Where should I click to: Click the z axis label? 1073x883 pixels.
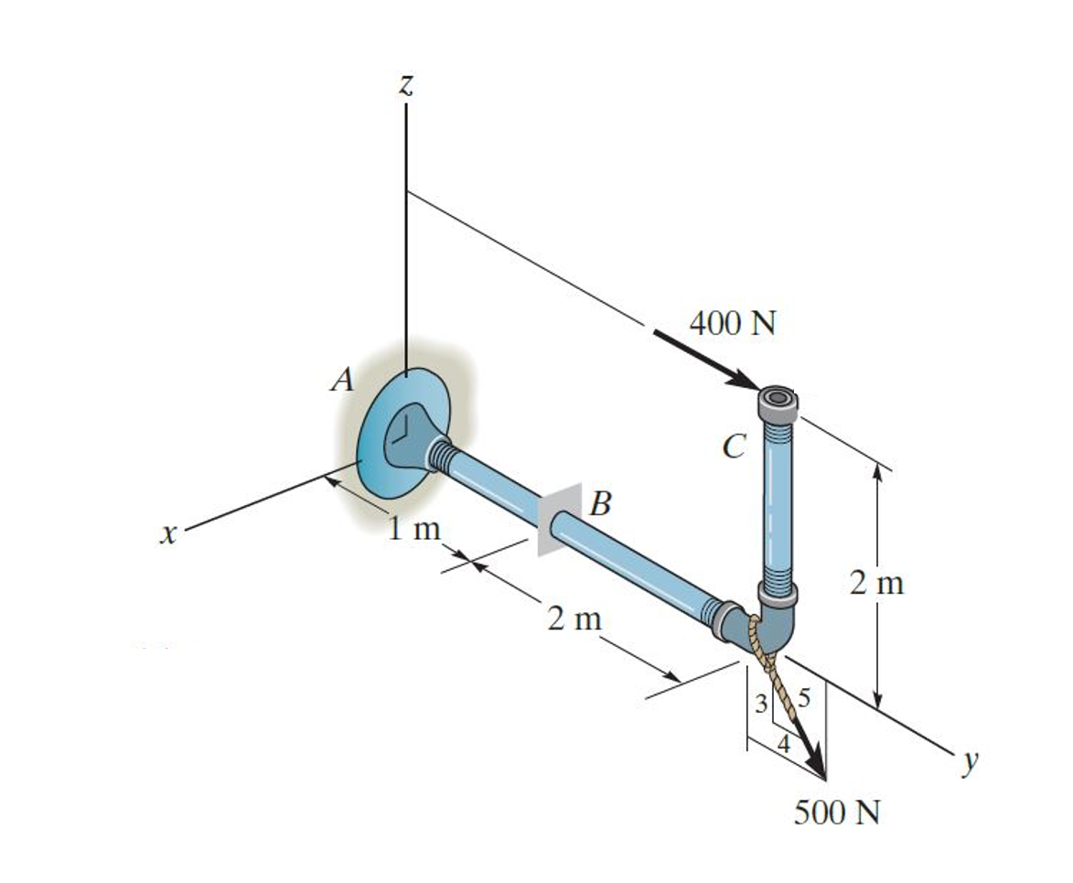click(x=406, y=85)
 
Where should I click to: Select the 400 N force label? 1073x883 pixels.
click(x=732, y=324)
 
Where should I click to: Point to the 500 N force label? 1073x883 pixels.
click(x=836, y=813)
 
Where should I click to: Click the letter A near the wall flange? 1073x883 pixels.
click(x=343, y=380)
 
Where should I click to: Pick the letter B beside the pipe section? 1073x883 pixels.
click(x=601, y=502)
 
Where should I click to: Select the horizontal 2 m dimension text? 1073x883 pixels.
click(x=574, y=619)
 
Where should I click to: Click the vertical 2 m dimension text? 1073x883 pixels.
click(x=875, y=583)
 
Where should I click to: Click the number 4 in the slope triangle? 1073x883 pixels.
click(x=783, y=743)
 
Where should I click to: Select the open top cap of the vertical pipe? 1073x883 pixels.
click(x=778, y=398)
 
